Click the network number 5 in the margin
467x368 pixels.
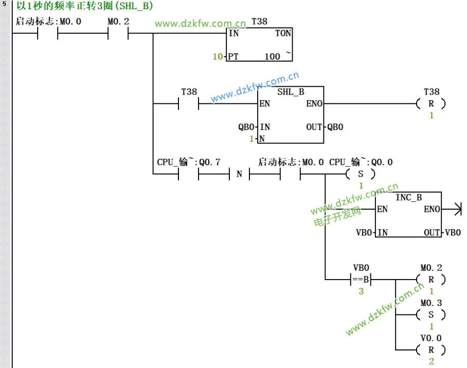[4, 4]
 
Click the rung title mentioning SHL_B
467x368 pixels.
[85, 7]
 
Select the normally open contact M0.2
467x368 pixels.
[118, 34]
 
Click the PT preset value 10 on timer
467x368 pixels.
[218, 57]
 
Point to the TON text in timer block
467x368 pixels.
[283, 33]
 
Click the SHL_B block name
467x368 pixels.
[291, 92]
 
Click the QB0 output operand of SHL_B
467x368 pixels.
[335, 127]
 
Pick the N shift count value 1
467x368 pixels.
[252, 139]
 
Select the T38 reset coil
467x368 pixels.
[431, 104]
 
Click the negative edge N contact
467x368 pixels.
[239, 174]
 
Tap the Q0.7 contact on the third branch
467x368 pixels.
[189, 174]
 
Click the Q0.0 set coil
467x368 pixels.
[360, 174]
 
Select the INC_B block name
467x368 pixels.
[409, 197]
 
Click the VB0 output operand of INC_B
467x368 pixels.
[453, 232]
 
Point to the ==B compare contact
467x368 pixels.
[361, 280]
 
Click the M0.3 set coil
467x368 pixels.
[431, 315]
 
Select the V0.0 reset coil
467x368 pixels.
[431, 349]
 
